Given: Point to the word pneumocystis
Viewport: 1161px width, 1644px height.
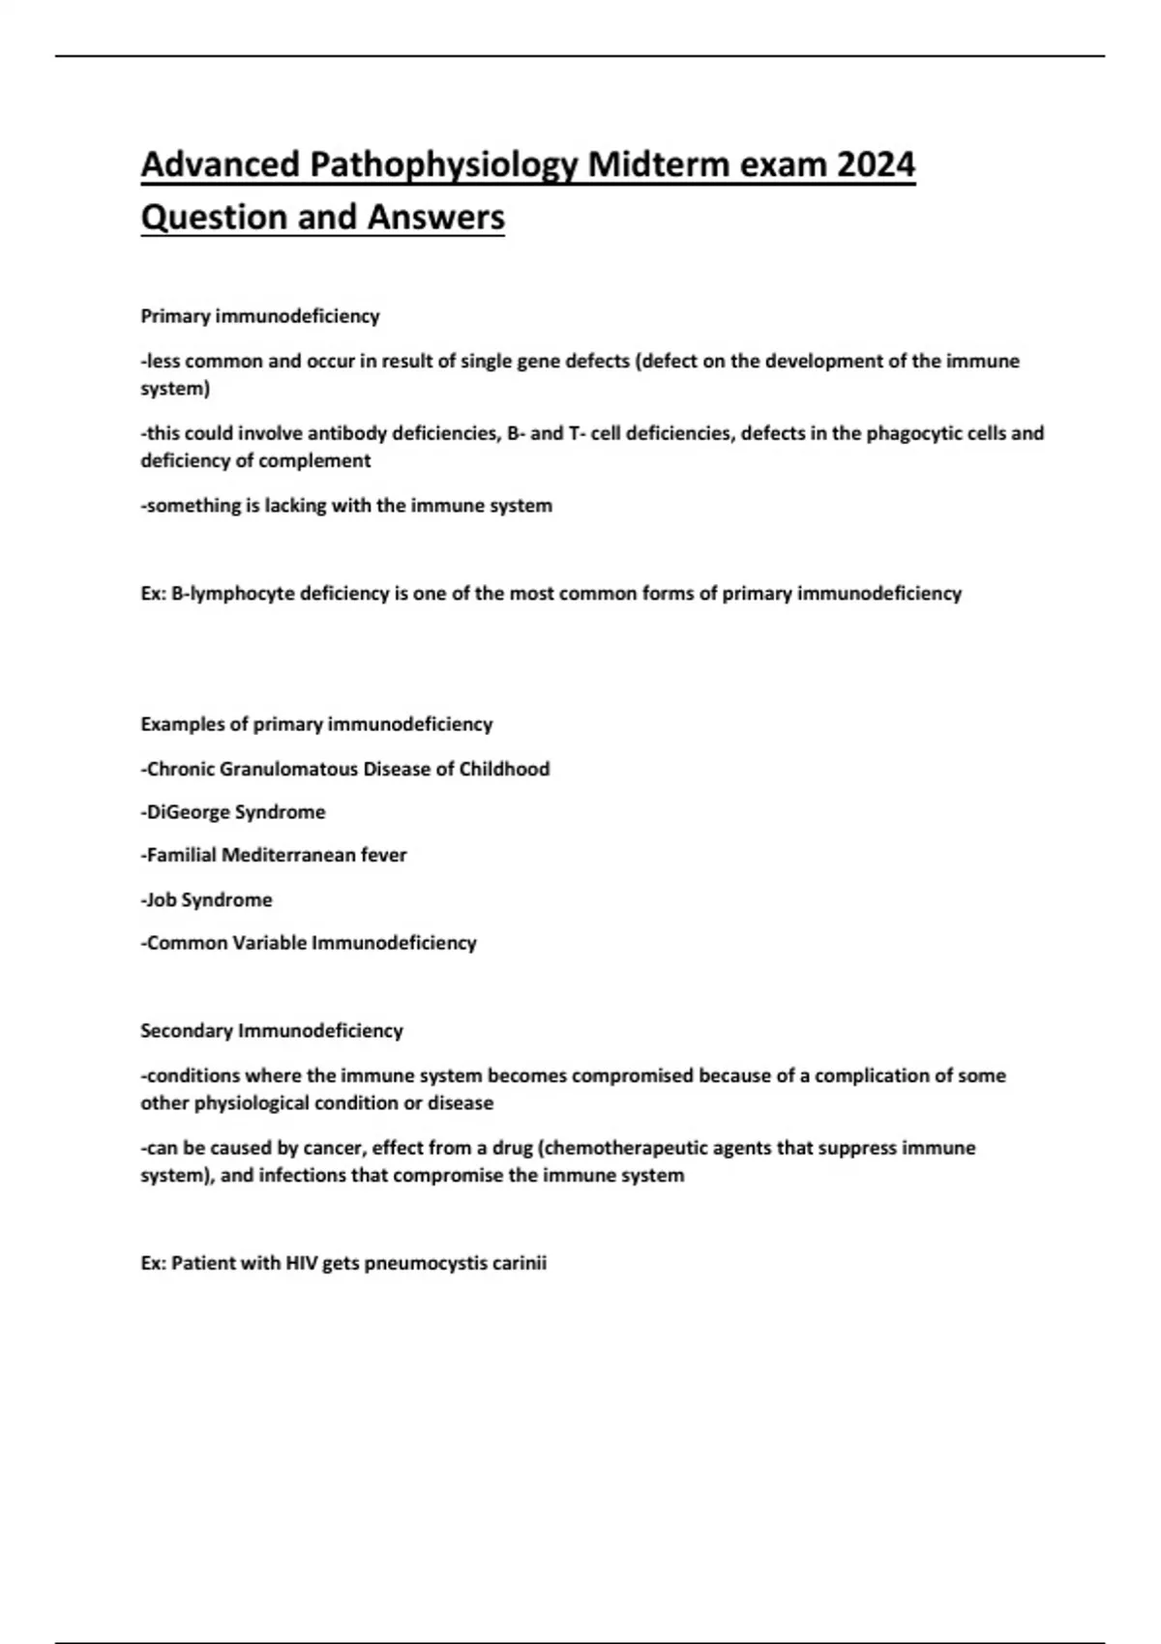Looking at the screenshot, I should [426, 1263].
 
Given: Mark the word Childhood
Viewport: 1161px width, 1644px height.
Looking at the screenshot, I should [504, 769].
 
